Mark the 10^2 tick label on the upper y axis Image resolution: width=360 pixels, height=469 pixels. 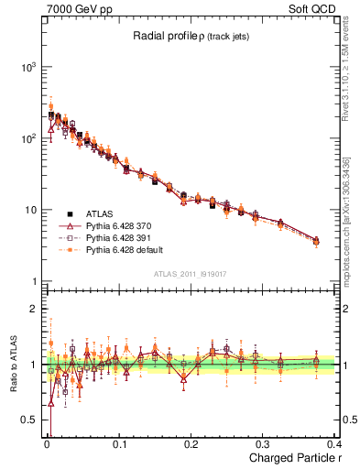point(28,138)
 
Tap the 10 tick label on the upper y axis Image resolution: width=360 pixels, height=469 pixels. point(30,210)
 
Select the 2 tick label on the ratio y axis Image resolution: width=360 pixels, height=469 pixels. point(33,309)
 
